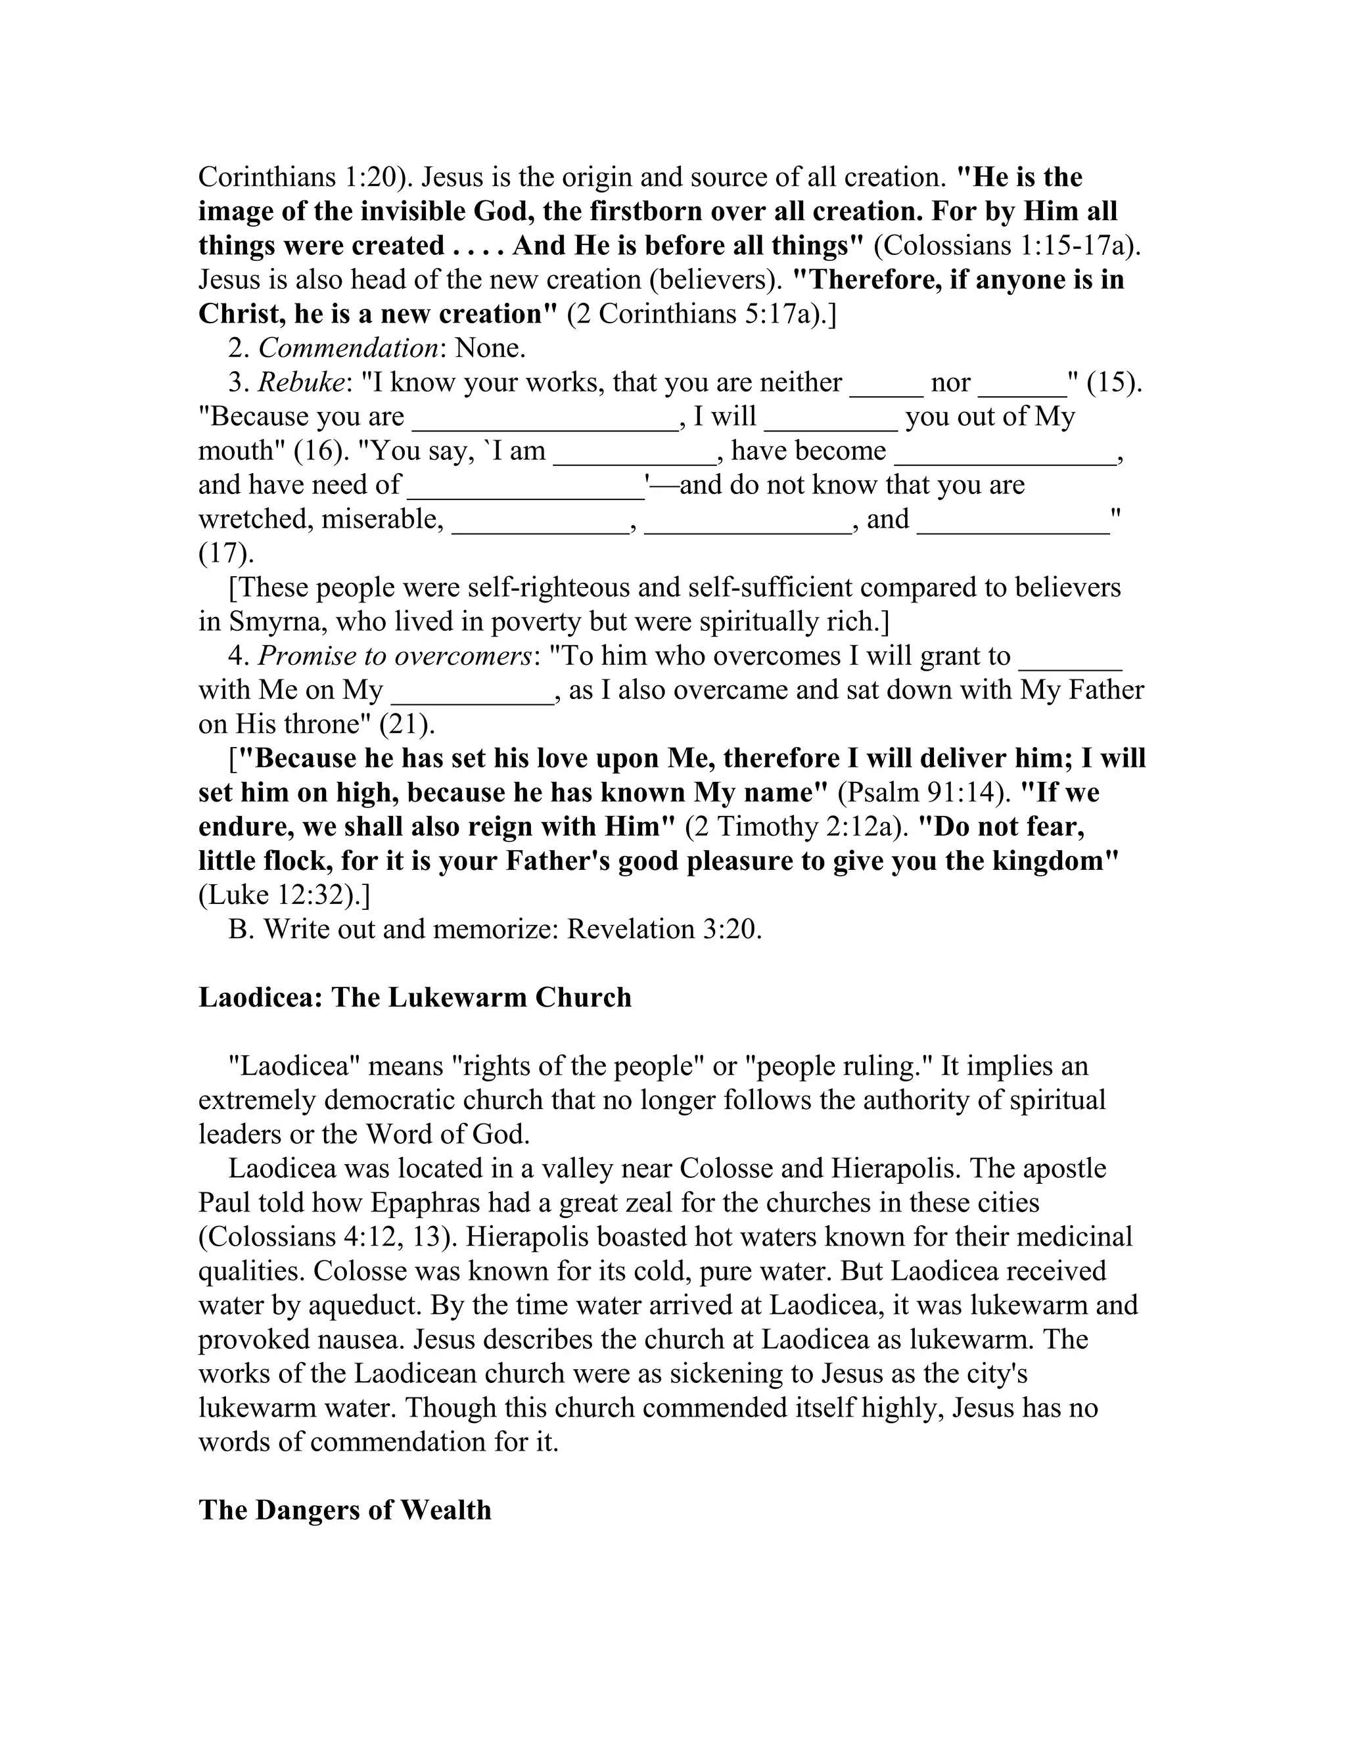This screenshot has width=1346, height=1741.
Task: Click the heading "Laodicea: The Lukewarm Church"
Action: coord(415,998)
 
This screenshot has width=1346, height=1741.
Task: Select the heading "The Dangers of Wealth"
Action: coord(344,1510)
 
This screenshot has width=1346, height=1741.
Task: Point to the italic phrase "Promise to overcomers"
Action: coord(396,656)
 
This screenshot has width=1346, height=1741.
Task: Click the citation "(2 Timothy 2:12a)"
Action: coord(797,826)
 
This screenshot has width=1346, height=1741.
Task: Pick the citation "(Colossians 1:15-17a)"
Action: coord(1006,246)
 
